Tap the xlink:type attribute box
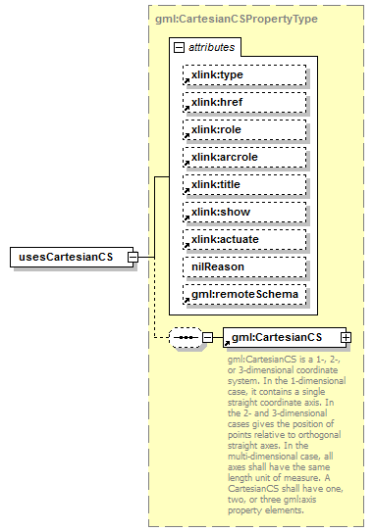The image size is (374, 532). click(x=242, y=74)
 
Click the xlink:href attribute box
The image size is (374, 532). click(x=242, y=102)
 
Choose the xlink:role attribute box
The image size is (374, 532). click(x=242, y=129)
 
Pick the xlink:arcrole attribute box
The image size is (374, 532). click(x=242, y=157)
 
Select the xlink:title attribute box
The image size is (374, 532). click(x=242, y=184)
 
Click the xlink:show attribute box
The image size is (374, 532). click(x=242, y=211)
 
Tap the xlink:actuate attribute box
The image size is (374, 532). click(x=242, y=238)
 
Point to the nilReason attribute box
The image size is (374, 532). click(x=242, y=266)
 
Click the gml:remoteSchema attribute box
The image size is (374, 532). click(x=242, y=293)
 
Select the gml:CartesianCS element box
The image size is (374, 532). click(x=281, y=337)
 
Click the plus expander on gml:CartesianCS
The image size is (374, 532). click(x=346, y=337)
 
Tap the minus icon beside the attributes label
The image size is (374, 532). click(x=178, y=47)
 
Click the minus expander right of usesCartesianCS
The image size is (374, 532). click(x=145, y=257)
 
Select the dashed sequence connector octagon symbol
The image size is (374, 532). click(x=185, y=337)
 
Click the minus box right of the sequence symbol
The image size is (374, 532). click(x=207, y=337)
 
